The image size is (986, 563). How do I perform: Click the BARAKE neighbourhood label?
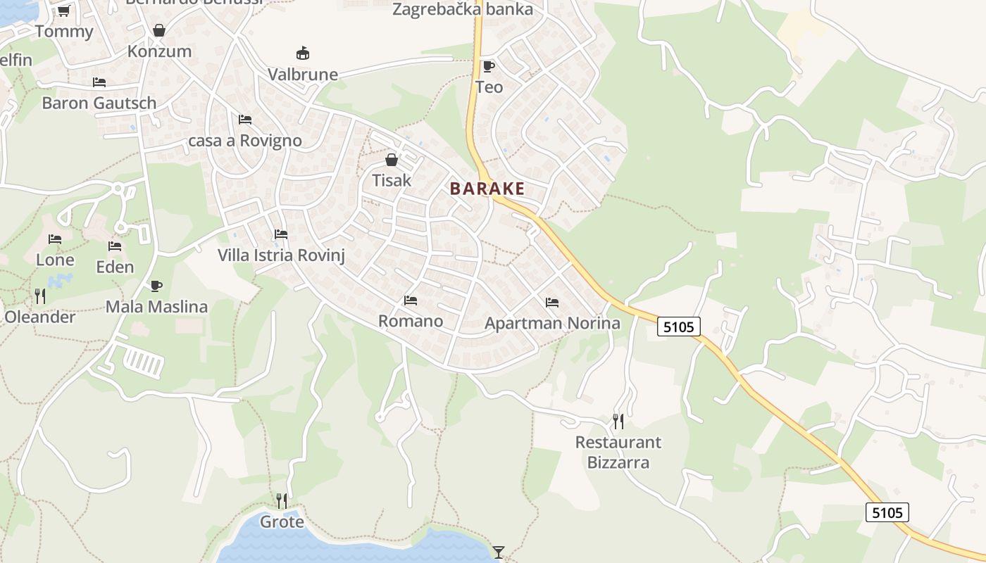487,189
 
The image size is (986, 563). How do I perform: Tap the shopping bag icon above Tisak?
392,160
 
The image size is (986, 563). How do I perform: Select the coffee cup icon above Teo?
488,66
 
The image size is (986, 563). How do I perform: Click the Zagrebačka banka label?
463,10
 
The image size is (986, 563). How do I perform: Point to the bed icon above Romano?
411,301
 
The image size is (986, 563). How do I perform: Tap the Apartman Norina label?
553,323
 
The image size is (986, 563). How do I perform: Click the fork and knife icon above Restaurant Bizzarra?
618,421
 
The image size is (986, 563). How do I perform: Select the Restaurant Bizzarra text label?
618,452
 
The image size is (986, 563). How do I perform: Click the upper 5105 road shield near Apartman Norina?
679,326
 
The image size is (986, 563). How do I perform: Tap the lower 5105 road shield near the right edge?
887,512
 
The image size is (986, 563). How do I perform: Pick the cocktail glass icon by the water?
499,552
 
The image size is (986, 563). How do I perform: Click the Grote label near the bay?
282,521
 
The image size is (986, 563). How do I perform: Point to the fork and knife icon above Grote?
282,500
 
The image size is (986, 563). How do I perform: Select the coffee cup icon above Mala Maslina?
156,286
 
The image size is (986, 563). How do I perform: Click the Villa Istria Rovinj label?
281,255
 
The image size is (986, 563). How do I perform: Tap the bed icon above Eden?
115,246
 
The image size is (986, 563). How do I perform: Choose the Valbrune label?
303,74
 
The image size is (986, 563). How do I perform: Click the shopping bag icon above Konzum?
159,30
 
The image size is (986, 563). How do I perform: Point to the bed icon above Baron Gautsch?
99,82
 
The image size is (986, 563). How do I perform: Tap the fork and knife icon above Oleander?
40,296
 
